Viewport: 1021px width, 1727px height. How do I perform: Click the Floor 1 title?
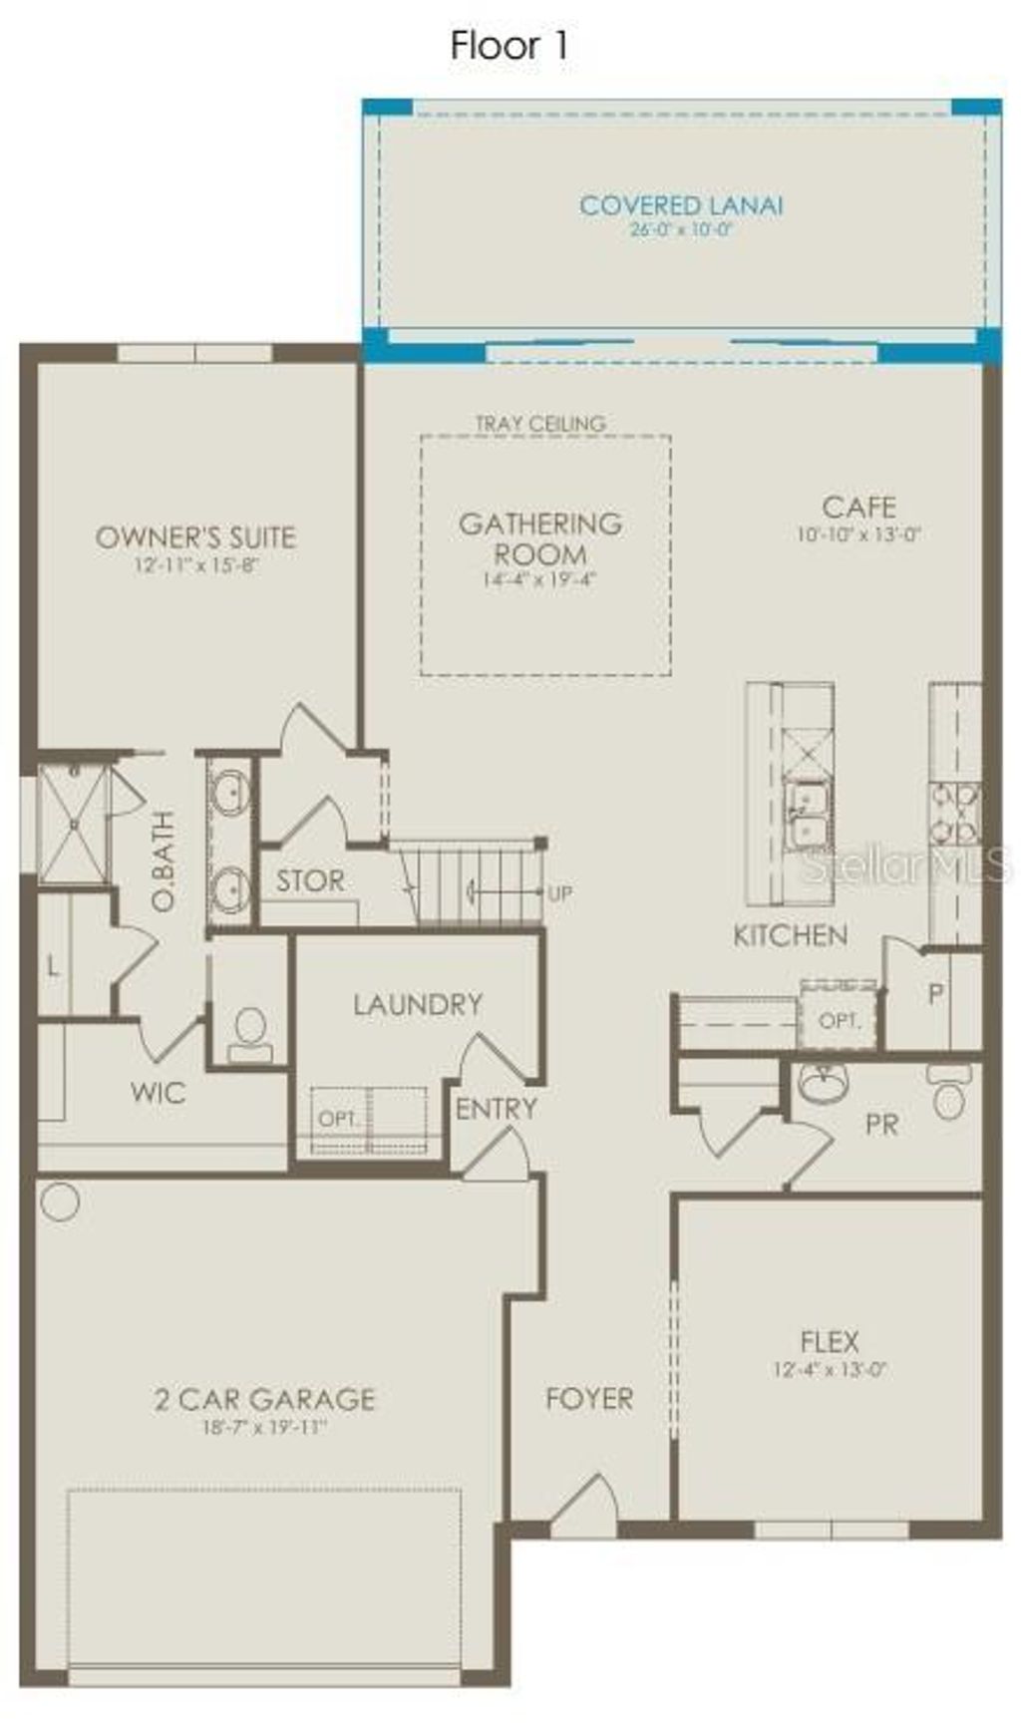tap(509, 46)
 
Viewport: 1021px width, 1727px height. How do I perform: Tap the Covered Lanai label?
tap(681, 205)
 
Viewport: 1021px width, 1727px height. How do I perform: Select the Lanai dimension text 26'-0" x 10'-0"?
tap(681, 229)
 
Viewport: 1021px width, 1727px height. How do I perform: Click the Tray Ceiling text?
tap(540, 424)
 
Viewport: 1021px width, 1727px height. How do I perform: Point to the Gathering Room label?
tap(540, 538)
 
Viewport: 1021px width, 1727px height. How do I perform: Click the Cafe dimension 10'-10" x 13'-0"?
tap(857, 534)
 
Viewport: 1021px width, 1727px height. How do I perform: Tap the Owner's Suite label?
tap(196, 537)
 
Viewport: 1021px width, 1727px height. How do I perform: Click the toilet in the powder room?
tap(948, 1093)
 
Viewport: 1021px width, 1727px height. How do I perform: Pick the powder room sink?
tap(824, 1083)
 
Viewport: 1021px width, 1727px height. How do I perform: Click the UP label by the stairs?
tap(559, 893)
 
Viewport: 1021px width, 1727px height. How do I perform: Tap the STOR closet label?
tap(310, 880)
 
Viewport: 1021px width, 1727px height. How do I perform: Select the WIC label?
tap(158, 1092)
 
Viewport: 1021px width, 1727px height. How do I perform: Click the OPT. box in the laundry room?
tap(339, 1119)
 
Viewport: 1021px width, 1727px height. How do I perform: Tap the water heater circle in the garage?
tap(60, 1202)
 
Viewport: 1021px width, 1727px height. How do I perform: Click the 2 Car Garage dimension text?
tap(264, 1427)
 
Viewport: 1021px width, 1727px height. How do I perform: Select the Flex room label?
tap(829, 1341)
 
